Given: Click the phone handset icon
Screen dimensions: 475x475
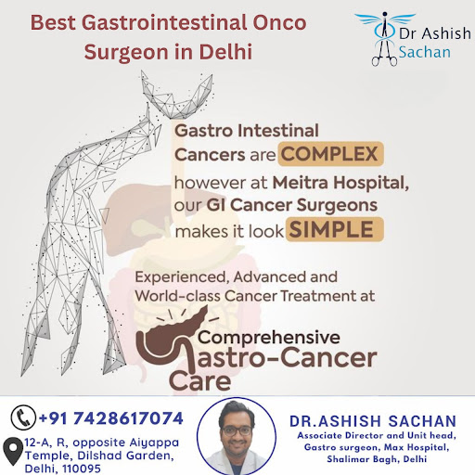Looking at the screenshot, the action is point(23,417).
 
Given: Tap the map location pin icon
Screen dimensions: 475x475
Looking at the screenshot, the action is point(13,451).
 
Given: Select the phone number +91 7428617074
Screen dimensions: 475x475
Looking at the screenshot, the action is point(111,418).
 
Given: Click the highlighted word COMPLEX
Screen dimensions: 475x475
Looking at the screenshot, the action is point(330,154).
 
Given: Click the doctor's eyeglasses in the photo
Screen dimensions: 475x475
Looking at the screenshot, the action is point(237,430).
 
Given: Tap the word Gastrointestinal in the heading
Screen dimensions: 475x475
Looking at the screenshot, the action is point(164,22).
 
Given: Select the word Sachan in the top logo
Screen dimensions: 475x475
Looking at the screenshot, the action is point(424,52).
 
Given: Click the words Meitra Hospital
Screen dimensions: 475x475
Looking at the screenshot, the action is point(340,183).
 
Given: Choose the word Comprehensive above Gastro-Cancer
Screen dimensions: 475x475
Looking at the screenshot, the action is point(269,338).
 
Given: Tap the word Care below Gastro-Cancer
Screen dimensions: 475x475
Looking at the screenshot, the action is point(200,381).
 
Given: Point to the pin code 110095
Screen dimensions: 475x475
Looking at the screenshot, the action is point(82,469).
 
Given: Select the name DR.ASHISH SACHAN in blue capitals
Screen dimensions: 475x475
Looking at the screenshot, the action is point(373,421).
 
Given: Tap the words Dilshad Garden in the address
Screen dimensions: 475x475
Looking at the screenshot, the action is point(125,456).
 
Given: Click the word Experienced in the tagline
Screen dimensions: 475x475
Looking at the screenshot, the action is point(182,277).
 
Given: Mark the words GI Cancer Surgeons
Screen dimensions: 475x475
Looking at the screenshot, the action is point(292,205).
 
